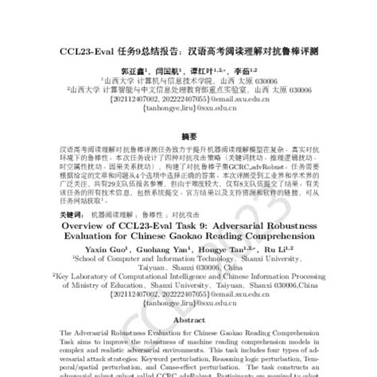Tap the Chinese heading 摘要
[x=188, y=136]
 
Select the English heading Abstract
[x=188, y=319]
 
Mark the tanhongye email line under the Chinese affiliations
[x=188, y=111]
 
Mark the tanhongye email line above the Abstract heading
[x=188, y=302]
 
